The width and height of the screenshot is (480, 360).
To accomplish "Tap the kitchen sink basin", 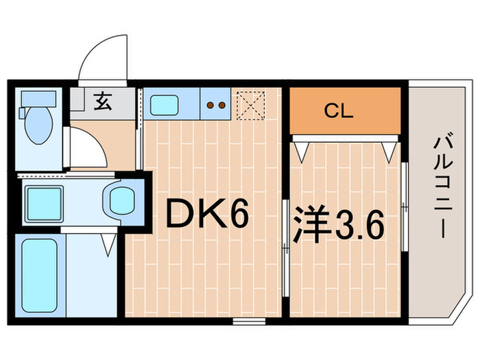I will tap(165, 106).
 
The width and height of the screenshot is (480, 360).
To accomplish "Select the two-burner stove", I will tap(217, 106).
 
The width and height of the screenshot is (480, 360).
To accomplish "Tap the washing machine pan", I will tap(45, 201).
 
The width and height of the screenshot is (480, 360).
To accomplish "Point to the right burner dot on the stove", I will tap(222, 106).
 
